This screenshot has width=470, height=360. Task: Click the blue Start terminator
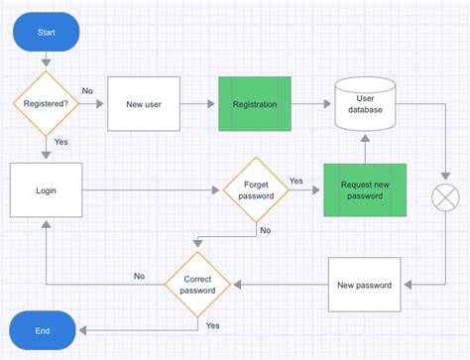pos(47,33)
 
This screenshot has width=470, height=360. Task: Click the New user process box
pos(144,103)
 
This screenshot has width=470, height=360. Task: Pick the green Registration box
pos(255,103)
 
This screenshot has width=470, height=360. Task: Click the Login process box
pos(46,188)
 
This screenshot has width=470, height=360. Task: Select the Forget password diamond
pos(255,188)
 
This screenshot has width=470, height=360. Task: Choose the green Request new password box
pos(366,188)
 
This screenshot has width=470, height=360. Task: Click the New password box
pos(365,285)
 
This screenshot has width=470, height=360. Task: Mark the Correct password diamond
pos(197,286)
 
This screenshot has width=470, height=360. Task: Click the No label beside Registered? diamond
pos(87,91)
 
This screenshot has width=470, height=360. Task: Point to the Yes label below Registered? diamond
pos(61,142)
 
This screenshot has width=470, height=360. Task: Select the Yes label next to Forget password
pos(295,180)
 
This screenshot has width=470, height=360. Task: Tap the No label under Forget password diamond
pos(265,230)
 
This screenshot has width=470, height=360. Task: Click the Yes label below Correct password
pos(212,325)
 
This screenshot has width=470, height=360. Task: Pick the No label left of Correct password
pos(139,277)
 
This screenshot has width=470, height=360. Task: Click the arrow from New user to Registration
pos(198,103)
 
